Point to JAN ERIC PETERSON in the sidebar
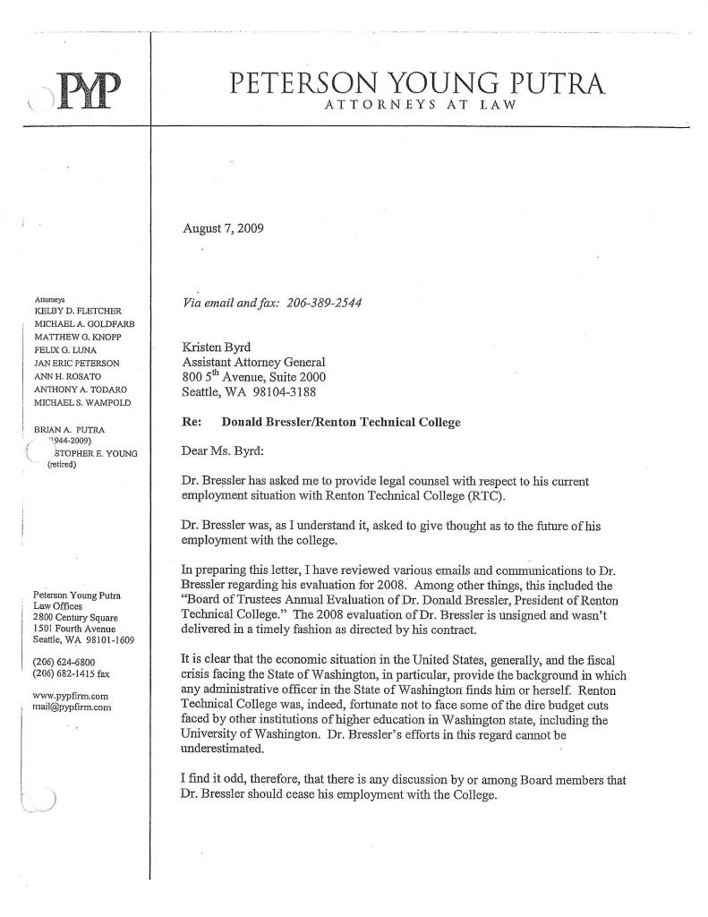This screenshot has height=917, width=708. [x=76, y=363]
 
